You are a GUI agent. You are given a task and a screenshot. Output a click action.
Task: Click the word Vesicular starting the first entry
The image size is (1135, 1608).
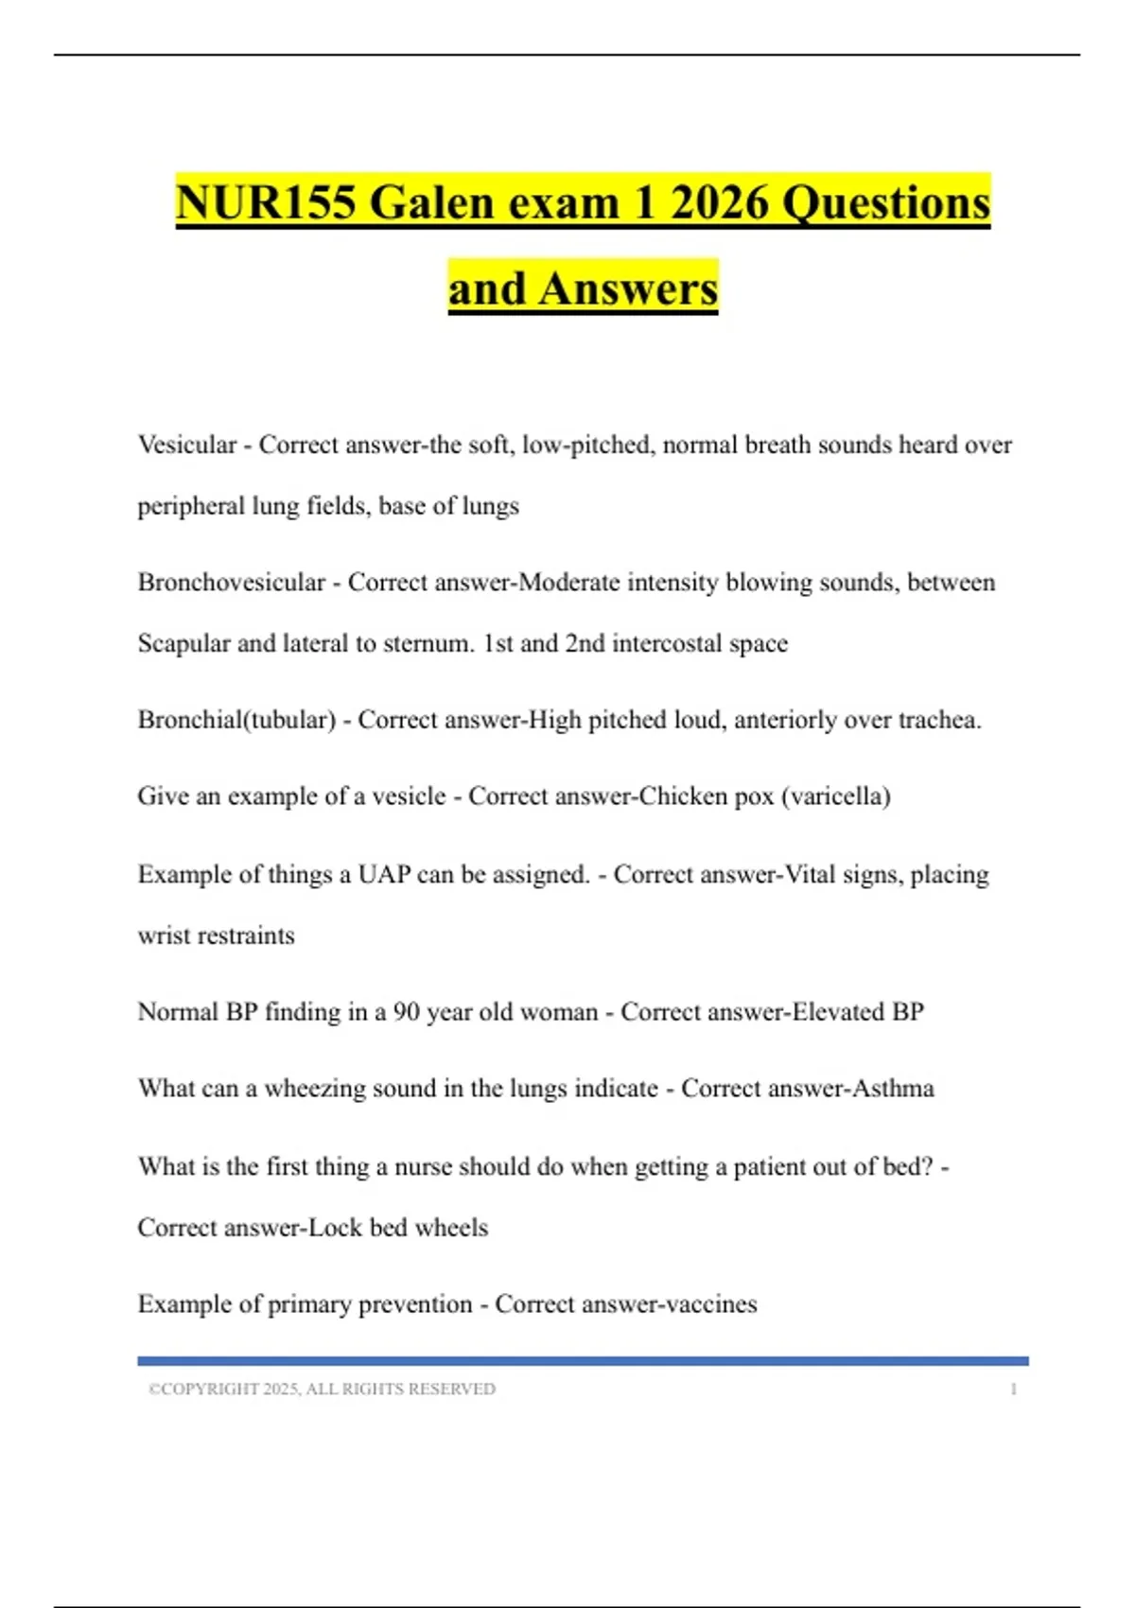(x=187, y=445)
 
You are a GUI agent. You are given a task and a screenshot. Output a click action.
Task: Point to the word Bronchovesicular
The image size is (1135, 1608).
(x=232, y=582)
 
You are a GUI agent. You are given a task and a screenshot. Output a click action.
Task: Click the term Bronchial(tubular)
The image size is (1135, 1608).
(x=236, y=720)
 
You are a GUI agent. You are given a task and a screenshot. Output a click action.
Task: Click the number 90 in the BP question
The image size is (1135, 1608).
(x=406, y=1012)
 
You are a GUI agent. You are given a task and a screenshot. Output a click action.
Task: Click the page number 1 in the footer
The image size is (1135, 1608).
(x=1013, y=1390)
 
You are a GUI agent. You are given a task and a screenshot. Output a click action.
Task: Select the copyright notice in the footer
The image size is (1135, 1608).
(x=322, y=1390)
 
